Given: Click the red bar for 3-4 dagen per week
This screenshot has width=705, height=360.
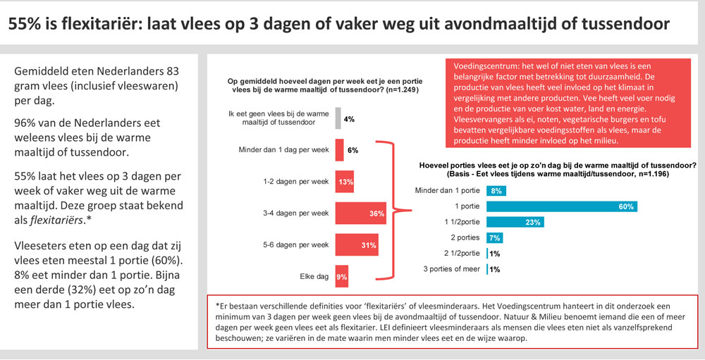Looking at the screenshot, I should click(x=360, y=213).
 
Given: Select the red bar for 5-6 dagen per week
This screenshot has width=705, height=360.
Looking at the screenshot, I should click(x=357, y=244).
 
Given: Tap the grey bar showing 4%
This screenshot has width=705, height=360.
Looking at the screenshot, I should click(x=338, y=118).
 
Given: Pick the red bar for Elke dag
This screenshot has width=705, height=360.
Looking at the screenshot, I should click(x=342, y=277).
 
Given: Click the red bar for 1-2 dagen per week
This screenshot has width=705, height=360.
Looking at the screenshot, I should click(x=345, y=182).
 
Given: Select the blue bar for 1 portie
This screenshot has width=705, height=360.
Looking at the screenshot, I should click(x=561, y=206).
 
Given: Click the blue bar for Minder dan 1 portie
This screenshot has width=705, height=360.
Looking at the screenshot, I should click(x=496, y=190).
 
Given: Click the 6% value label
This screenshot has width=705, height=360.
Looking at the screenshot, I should click(x=353, y=150).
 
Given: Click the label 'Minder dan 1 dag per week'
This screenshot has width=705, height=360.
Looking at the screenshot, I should click(x=285, y=150).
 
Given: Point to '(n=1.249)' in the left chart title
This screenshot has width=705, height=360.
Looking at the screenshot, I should click(x=384, y=90).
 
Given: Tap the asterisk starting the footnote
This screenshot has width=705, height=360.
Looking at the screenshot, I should click(x=219, y=304).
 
